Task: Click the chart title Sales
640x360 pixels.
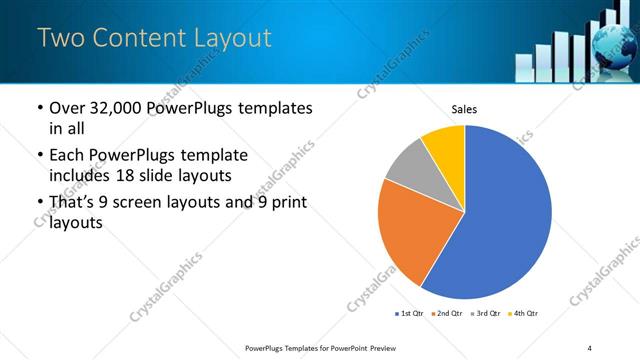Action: tap(465, 108)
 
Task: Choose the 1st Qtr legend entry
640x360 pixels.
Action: tap(410, 315)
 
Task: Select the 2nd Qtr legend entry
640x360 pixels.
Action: tap(447, 315)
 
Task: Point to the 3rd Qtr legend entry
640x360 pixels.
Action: tap(485, 315)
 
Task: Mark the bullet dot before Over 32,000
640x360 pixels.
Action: tap(39, 108)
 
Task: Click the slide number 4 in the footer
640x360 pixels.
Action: tap(590, 348)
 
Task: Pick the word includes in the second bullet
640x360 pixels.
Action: tap(81, 175)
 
